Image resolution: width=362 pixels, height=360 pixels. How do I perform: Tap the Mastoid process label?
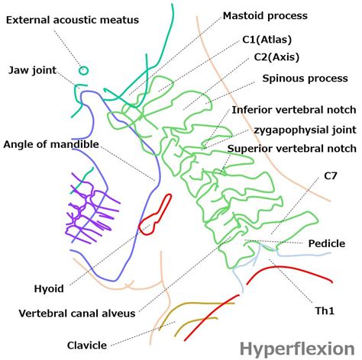pyautogui.click(x=265, y=15)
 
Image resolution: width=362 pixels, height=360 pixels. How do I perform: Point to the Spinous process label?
pyautogui.click(x=305, y=79)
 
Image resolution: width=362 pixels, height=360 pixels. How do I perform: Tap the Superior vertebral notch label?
pyautogui.click(x=294, y=149)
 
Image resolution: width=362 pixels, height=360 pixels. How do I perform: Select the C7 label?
pyautogui.click(x=330, y=176)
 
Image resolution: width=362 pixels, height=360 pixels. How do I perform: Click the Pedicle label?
pyautogui.click(x=326, y=243)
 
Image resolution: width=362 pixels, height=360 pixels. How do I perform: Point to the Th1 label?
pyautogui.click(x=325, y=311)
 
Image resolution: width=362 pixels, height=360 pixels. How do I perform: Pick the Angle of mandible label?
pyautogui.click(x=50, y=144)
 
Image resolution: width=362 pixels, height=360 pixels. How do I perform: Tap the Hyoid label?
pyautogui.click(x=49, y=289)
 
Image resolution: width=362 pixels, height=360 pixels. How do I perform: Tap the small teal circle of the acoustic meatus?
pyautogui.click(x=83, y=70)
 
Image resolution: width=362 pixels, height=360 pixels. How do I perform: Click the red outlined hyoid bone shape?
pyautogui.click(x=155, y=214)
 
